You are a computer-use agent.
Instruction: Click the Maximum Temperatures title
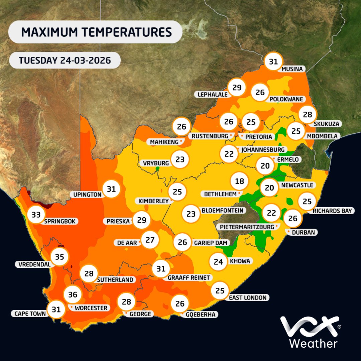pyautogui.click(x=96, y=32)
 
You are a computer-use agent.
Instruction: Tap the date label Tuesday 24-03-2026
pyautogui.click(x=65, y=61)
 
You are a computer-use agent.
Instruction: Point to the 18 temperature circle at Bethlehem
pyautogui.click(x=240, y=182)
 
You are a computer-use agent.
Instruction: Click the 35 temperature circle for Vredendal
pyautogui.click(x=59, y=257)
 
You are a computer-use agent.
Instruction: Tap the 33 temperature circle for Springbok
pyautogui.click(x=36, y=215)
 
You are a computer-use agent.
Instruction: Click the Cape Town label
pyautogui.click(x=30, y=314)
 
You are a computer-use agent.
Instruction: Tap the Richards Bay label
pyautogui.click(x=332, y=211)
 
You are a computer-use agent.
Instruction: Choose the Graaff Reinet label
pyautogui.click(x=189, y=278)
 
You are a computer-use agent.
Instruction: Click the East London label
pyautogui.click(x=247, y=297)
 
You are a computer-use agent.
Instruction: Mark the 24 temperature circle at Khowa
pyautogui.click(x=218, y=261)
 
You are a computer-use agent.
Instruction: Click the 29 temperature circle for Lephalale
pyautogui.click(x=237, y=88)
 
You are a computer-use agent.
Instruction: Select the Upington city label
pyautogui.click(x=88, y=194)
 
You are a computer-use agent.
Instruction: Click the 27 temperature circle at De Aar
pyautogui.click(x=150, y=240)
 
